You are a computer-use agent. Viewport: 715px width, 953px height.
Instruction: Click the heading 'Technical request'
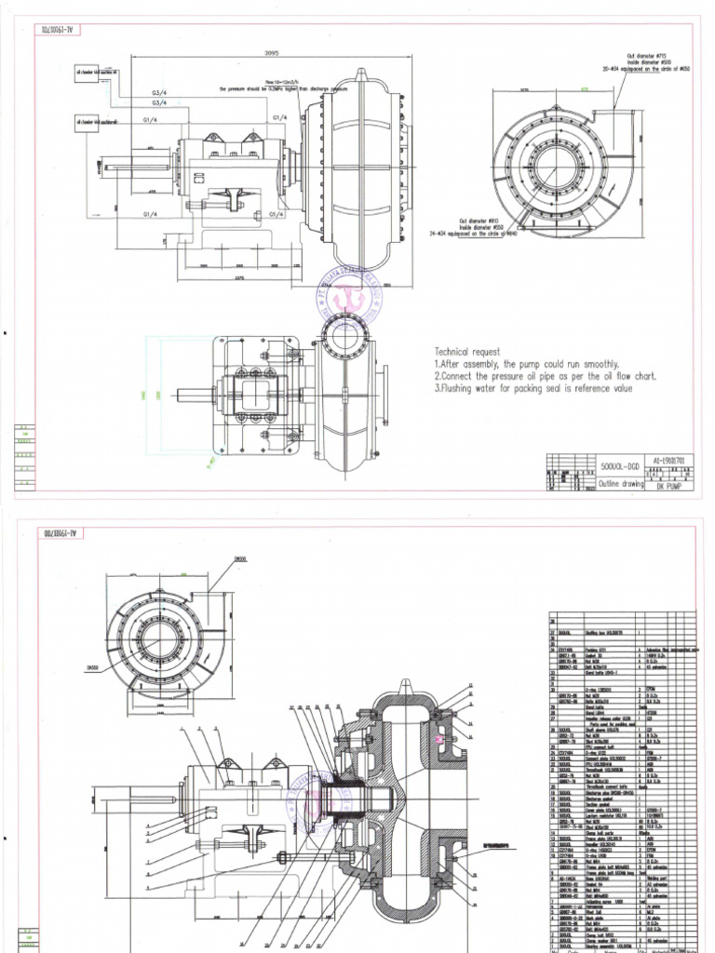point(466,352)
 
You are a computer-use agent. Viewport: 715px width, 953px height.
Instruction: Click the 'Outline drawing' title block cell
point(595,484)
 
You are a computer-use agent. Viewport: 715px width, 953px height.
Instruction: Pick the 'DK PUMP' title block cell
point(663,485)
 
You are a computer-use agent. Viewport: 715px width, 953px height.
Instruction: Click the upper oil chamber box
point(87,75)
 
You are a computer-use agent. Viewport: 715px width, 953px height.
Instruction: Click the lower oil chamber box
point(87,124)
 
